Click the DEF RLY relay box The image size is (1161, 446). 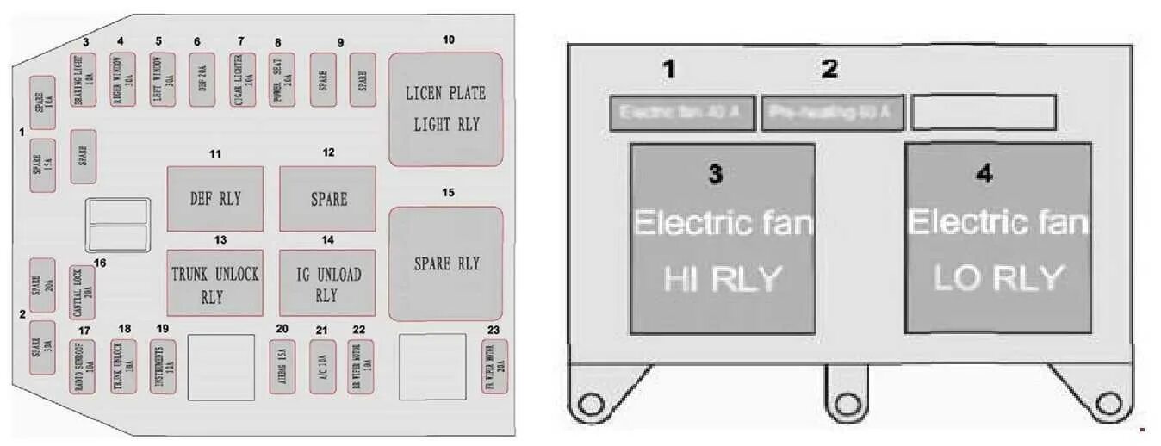pyautogui.click(x=214, y=199)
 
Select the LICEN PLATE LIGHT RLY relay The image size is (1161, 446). pyautogui.click(x=444, y=108)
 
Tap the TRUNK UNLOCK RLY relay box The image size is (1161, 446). pyautogui.click(x=214, y=283)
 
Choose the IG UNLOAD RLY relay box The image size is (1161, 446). pyautogui.click(x=327, y=283)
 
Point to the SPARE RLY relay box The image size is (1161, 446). pyautogui.click(x=445, y=263)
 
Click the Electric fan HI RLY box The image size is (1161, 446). pyautogui.click(x=722, y=238)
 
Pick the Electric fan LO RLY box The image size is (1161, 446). pyautogui.click(x=997, y=238)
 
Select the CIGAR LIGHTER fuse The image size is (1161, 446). pyautogui.click(x=242, y=80)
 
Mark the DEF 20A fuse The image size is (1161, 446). pyautogui.click(x=202, y=80)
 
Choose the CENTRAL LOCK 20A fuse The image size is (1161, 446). pyautogui.click(x=84, y=293)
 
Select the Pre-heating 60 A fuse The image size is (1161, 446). pyautogui.click(x=832, y=113)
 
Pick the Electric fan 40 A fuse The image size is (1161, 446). pyautogui.click(x=680, y=113)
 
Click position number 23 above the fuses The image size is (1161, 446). pyautogui.click(x=493, y=330)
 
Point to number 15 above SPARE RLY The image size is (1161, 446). pyautogui.click(x=448, y=192)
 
